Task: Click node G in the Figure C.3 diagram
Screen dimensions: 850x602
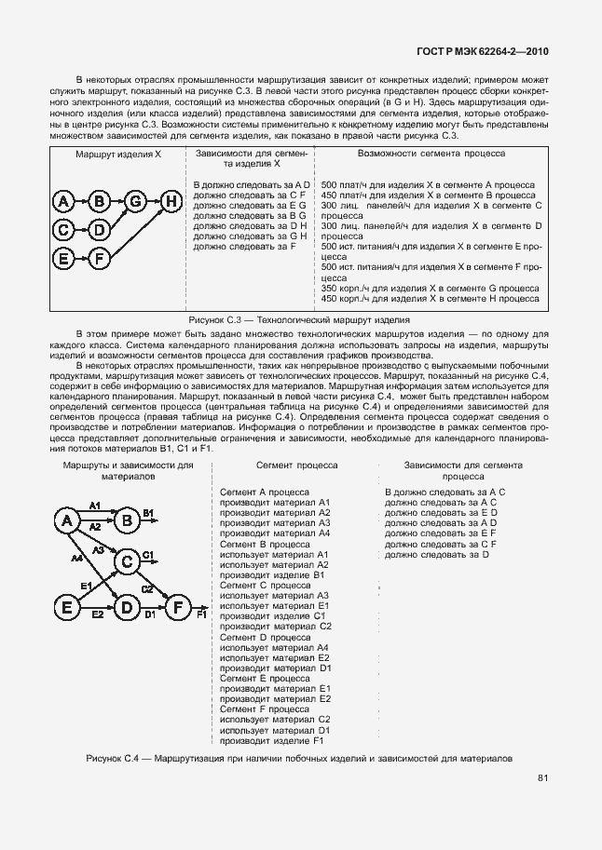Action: click(136, 200)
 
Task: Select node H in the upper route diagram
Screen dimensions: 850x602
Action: click(171, 200)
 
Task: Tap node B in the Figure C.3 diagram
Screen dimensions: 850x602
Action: click(101, 200)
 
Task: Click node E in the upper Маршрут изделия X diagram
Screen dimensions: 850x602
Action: click(63, 257)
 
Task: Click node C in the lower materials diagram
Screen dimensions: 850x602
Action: click(125, 561)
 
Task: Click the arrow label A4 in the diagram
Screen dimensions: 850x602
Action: click(76, 558)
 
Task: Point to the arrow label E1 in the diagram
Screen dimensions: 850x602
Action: click(85, 586)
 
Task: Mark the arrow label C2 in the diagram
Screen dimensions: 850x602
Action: click(147, 588)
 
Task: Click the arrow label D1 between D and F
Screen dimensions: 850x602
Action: click(149, 615)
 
